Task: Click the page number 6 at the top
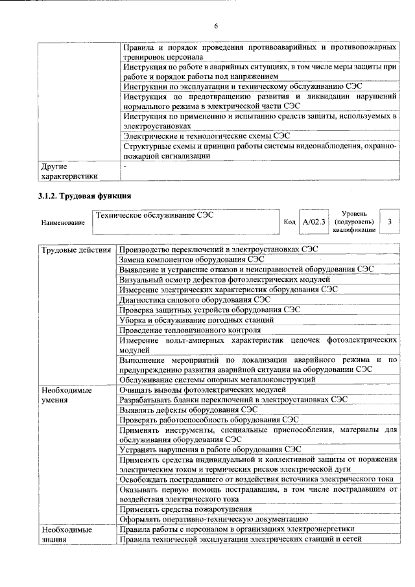click(217, 26)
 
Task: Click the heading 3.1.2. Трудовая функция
click(85, 195)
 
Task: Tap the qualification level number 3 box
click(389, 222)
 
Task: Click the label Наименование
click(63, 222)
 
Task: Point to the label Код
click(290, 222)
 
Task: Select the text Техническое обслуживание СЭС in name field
click(154, 214)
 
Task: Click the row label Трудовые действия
click(77, 250)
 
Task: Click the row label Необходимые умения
click(67, 395)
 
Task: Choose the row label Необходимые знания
click(67, 535)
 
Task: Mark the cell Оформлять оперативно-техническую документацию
click(209, 519)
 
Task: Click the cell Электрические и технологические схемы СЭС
click(206, 136)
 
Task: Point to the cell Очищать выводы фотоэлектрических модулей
click(202, 390)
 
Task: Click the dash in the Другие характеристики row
click(124, 167)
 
